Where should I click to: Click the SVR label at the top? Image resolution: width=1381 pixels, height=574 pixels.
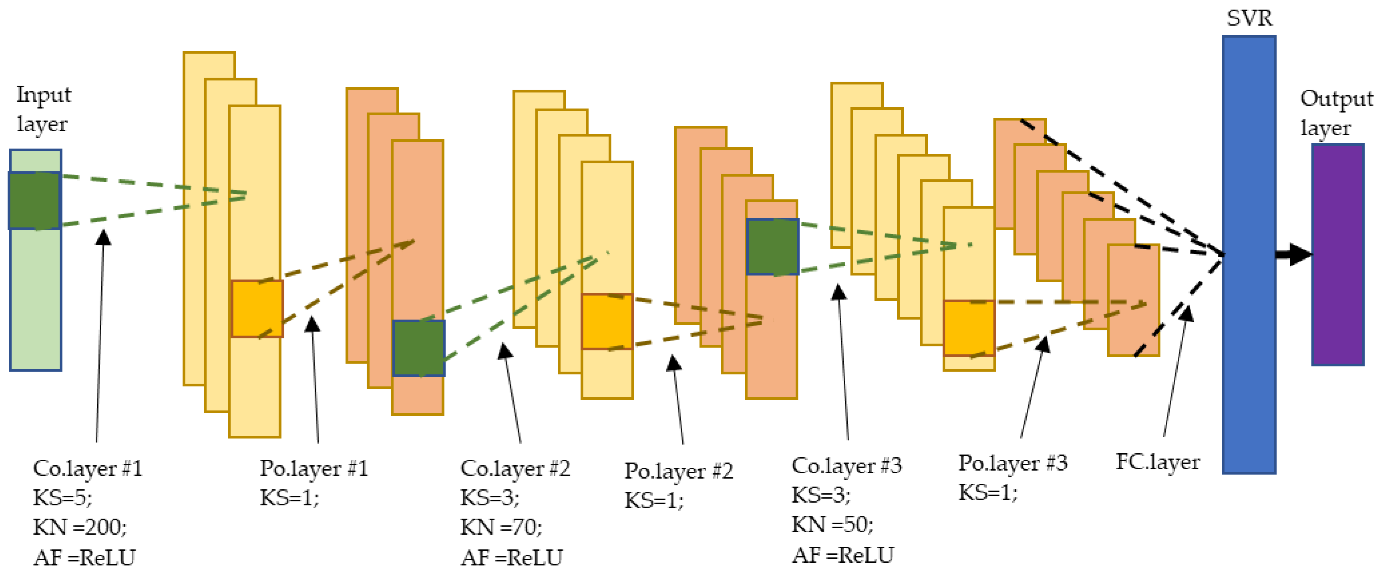1249,18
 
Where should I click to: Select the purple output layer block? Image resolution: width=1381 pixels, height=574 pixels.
1338,255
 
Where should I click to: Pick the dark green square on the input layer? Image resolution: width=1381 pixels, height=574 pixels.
34,200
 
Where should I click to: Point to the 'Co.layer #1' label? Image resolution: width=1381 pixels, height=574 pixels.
87,469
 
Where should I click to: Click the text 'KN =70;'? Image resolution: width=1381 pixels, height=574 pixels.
501,527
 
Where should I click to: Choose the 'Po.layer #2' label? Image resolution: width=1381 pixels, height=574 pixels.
679,471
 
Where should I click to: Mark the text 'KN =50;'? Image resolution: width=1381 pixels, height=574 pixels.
833,525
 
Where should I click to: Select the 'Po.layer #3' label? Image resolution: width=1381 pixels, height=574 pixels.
1013,463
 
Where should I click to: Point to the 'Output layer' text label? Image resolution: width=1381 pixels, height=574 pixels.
1336,113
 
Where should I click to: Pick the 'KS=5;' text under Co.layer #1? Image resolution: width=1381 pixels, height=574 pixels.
63,498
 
